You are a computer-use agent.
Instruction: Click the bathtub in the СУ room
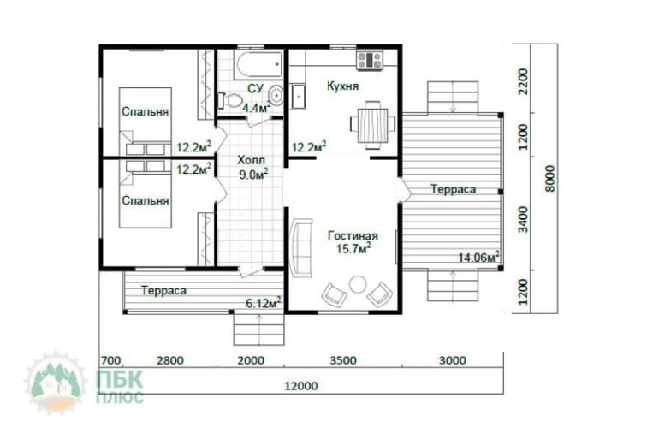[258, 64]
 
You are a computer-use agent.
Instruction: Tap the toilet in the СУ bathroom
[230, 100]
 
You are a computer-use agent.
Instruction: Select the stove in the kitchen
[370, 60]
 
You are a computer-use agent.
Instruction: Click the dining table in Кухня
[373, 125]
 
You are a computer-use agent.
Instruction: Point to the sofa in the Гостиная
[301, 247]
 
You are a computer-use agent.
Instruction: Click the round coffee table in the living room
[358, 284]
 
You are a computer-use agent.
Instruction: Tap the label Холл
[252, 160]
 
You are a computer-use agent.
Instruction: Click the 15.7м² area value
[353, 249]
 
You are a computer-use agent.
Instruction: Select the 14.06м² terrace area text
[478, 257]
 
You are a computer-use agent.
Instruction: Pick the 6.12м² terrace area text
[264, 302]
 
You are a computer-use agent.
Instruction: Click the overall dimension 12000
[301, 386]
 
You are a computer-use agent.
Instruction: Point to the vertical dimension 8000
[549, 179]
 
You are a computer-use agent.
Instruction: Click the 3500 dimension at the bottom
[343, 360]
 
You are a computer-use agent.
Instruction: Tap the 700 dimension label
[111, 360]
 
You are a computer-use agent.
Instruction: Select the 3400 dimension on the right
[523, 219]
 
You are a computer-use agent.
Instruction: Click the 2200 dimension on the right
[523, 81]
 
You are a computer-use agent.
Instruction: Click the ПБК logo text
[120, 379]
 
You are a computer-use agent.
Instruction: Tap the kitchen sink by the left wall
[298, 96]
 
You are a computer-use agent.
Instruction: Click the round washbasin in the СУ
[276, 95]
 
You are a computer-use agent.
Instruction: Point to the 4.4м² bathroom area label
[257, 108]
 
